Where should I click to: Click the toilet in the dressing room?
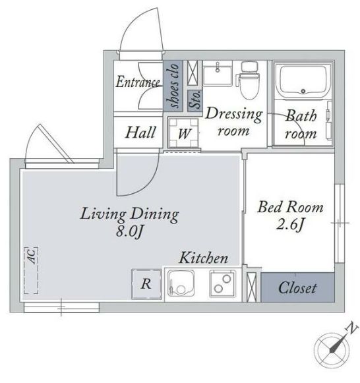(248, 80)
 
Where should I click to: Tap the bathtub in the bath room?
(303, 81)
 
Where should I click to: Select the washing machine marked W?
(184, 133)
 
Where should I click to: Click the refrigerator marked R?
(146, 284)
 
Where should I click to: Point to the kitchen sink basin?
(181, 284)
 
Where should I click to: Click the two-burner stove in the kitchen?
(223, 283)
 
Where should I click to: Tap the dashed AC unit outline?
(31, 270)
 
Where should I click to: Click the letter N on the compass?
(352, 328)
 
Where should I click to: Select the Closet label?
(297, 287)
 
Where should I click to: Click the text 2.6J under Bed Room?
(289, 224)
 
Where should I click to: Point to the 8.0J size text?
(129, 231)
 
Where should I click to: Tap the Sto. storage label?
(195, 100)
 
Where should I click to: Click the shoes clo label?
(173, 86)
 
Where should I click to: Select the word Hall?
(140, 133)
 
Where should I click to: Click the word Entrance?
(138, 82)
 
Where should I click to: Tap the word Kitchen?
(204, 258)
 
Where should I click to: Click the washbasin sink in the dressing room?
(218, 73)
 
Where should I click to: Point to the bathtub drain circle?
(303, 92)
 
